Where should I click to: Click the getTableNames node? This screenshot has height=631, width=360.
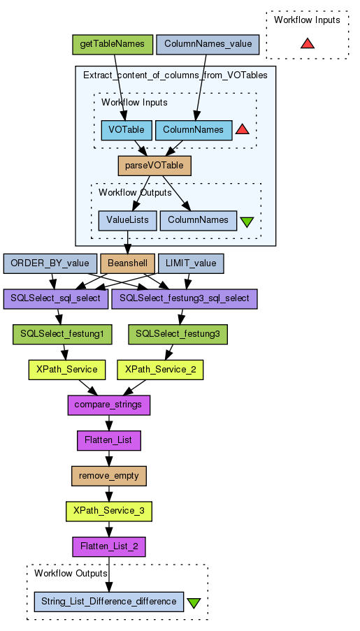coord(113,44)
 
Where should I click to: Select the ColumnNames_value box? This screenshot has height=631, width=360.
coord(208,44)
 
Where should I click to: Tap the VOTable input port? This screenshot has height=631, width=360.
coord(127,130)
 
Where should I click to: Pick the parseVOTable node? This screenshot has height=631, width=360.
coord(154,166)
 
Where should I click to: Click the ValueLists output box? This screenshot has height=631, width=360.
coord(127,221)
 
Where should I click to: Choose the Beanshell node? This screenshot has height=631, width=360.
coord(127,263)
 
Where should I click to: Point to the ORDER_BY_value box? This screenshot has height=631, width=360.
coord(50,263)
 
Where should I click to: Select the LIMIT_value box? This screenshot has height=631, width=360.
coord(191,263)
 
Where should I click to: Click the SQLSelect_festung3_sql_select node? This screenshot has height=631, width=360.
coord(185,299)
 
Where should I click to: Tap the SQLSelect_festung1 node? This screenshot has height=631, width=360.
coord(62,335)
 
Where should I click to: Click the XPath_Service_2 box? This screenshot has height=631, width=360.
coord(160,370)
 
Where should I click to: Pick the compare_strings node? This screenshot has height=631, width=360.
coord(109,405)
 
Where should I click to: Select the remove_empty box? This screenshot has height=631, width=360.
coord(109,476)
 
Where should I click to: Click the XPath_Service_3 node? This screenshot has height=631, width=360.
coord(109,512)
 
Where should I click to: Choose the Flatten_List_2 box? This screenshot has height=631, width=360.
coord(109,547)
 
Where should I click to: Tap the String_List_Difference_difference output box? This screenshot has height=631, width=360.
coord(109,602)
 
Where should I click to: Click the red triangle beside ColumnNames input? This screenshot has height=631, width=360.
coord(242,129)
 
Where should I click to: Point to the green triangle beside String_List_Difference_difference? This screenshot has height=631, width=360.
coord(194,603)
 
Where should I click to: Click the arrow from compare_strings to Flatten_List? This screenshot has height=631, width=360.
coord(109,423)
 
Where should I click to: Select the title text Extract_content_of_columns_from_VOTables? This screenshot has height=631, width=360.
coord(175,75)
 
